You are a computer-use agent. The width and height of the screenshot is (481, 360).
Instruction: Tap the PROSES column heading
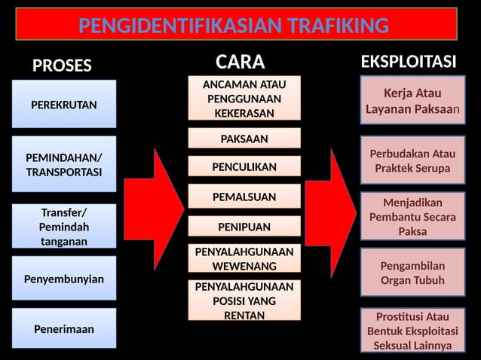click(62, 66)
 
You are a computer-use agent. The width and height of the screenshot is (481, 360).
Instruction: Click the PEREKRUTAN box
click(64, 104)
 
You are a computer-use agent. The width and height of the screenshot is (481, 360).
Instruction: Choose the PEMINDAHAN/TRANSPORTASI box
click(64, 164)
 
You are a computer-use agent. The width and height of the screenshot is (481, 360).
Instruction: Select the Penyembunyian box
click(64, 279)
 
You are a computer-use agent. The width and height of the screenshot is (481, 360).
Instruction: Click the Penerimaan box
click(64, 328)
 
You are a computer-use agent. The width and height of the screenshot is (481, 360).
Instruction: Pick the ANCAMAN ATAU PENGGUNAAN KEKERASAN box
click(244, 98)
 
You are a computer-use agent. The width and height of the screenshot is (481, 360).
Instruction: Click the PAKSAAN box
click(244, 139)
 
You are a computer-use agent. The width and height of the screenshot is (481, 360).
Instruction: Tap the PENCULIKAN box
click(244, 166)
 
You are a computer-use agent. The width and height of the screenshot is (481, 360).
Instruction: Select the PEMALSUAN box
click(244, 197)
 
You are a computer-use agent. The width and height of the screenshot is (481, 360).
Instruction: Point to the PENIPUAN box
click(244, 226)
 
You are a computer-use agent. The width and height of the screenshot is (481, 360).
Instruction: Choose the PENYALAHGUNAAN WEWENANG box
click(244, 258)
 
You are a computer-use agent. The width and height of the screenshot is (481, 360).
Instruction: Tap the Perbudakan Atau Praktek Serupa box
click(412, 161)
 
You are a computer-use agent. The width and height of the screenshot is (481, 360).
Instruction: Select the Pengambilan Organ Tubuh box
click(412, 273)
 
